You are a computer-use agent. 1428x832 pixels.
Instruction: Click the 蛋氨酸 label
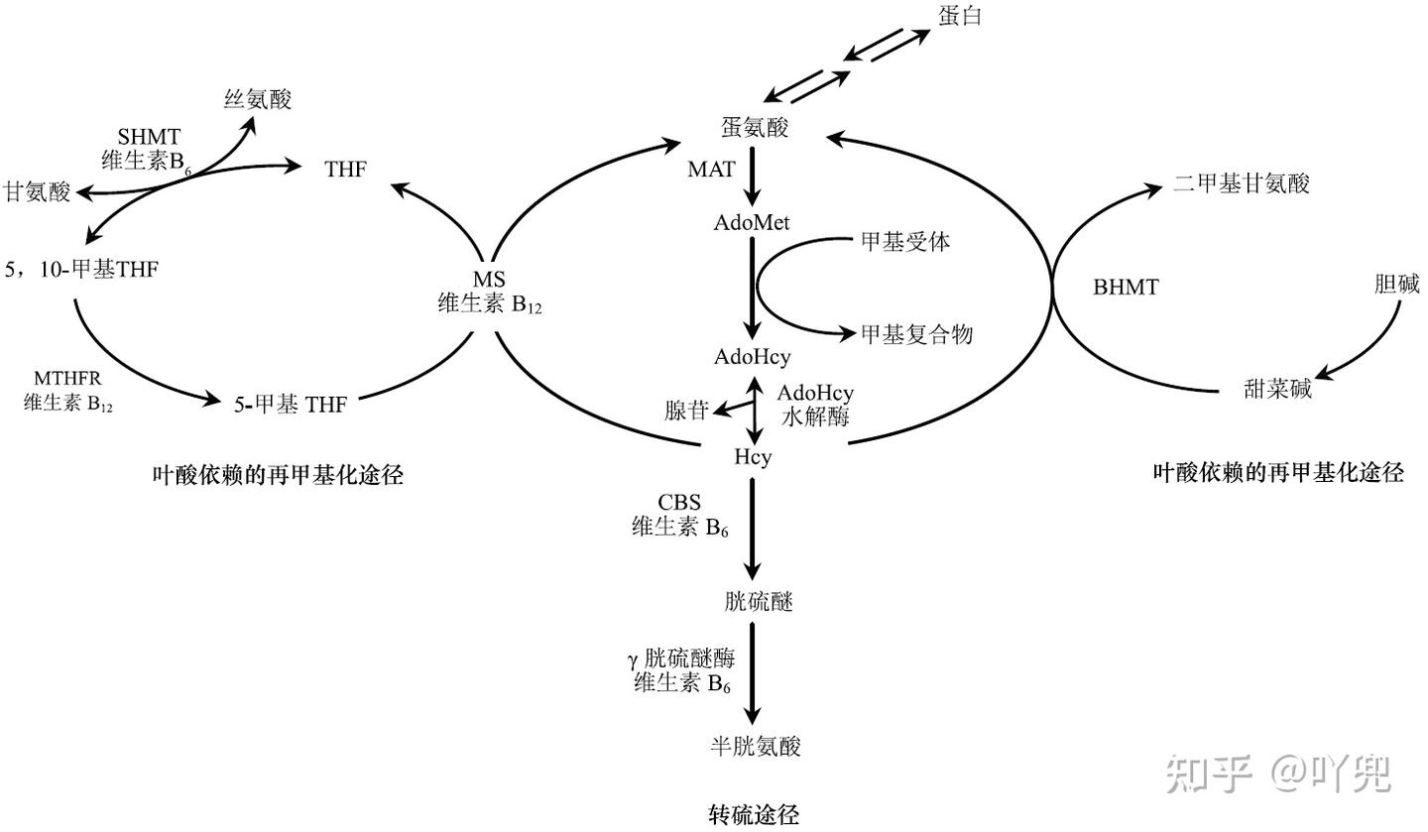[754, 128]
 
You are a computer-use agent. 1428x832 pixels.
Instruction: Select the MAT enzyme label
[711, 170]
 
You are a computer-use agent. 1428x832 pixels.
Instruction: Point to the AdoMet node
[752, 222]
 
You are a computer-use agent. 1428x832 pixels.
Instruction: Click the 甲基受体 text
[905, 241]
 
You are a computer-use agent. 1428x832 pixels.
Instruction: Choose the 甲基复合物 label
[916, 335]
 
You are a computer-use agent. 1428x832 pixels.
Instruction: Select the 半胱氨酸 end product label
[756, 747]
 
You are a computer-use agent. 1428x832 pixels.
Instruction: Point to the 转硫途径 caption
[754, 815]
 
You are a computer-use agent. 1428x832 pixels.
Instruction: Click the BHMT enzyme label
[1126, 288]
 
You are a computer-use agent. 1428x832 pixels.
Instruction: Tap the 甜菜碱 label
[1277, 389]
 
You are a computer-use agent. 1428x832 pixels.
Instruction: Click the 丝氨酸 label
[258, 98]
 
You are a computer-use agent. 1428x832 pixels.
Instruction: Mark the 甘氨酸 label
[37, 191]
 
